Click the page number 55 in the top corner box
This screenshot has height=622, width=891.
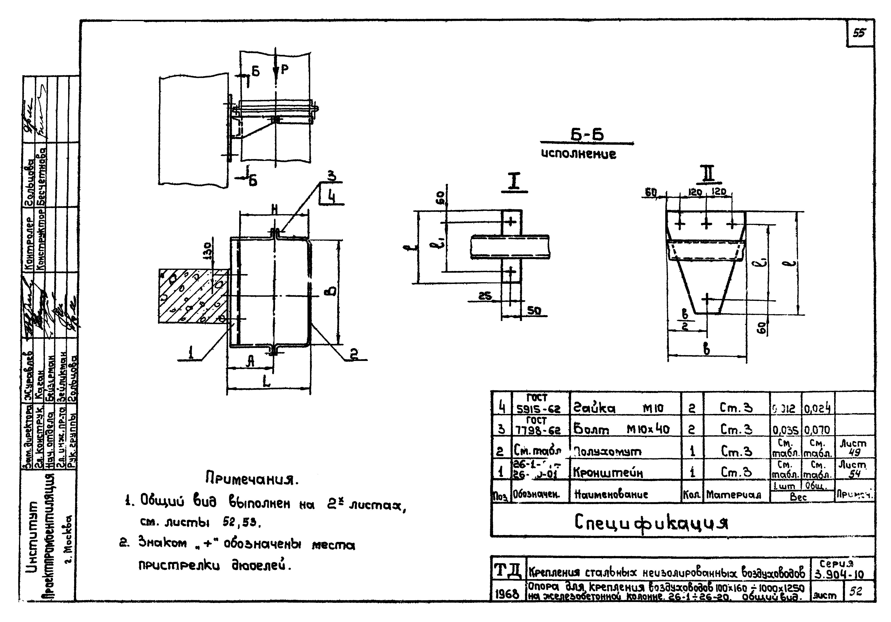point(859,33)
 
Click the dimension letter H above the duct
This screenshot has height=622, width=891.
point(274,209)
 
